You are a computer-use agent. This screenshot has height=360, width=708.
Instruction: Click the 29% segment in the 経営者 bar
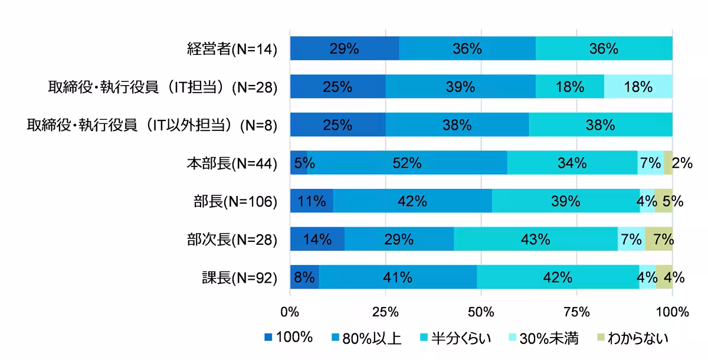point(345,48)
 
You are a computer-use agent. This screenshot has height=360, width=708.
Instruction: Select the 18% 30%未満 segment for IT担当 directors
point(638,87)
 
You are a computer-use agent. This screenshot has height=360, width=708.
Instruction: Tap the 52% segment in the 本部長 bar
point(407,163)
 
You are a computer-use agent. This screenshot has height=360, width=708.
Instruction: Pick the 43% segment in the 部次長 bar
point(536,239)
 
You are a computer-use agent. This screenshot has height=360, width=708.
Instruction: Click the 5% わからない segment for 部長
point(664,201)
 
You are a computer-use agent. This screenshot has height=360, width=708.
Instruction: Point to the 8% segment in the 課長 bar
point(304,277)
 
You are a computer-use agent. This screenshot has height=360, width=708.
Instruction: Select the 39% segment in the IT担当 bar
point(460,87)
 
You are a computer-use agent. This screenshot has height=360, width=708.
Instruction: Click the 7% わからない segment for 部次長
point(658,239)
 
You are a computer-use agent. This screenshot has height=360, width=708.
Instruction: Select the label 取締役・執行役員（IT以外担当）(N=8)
point(152,125)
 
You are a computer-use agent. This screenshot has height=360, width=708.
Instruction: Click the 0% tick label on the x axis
point(290,311)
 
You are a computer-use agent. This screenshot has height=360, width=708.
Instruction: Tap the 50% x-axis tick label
point(481,311)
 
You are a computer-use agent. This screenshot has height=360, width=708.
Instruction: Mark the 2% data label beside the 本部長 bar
point(682,163)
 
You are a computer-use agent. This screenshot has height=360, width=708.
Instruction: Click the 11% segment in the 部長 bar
point(312,201)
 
